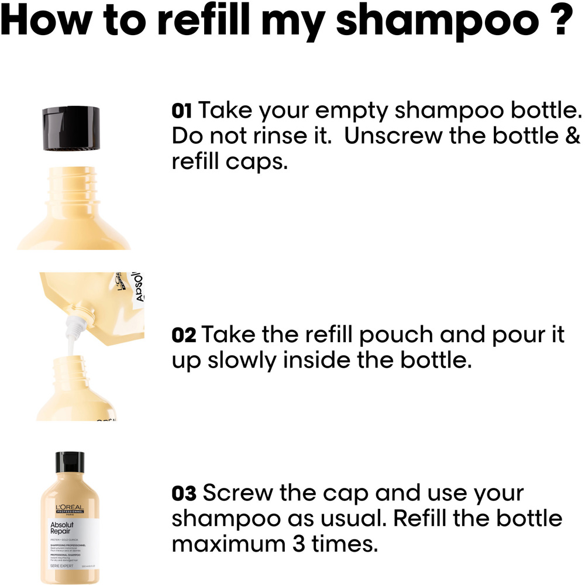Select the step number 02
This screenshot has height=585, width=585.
tap(184, 336)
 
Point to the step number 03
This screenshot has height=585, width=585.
tap(184, 494)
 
